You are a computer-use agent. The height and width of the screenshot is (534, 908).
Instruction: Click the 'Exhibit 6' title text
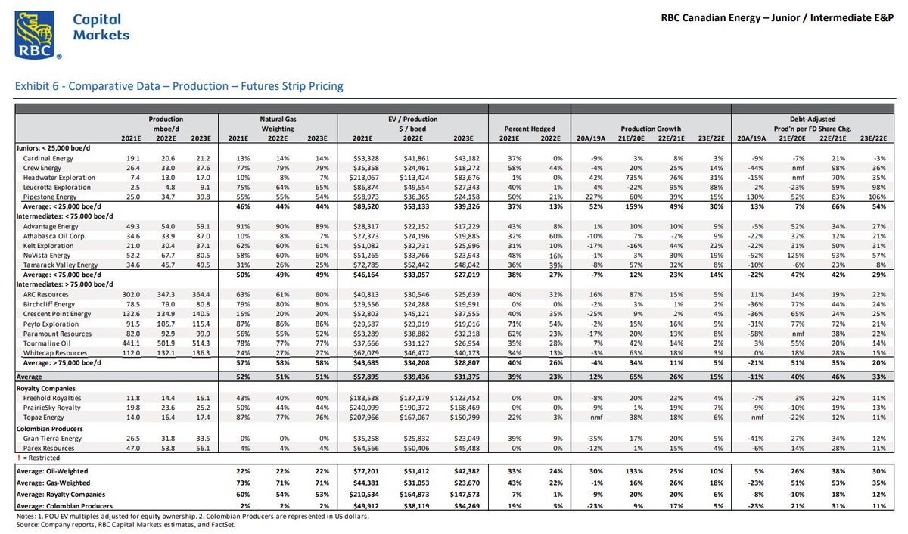click(179, 86)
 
